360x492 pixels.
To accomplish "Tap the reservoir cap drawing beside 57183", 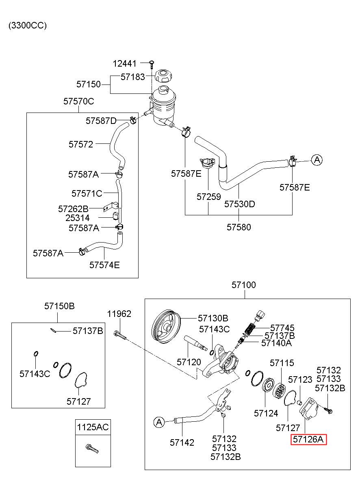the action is [x=163, y=76].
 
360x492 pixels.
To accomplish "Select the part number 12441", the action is [x=125, y=63].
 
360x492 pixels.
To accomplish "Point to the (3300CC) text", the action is [x=28, y=26].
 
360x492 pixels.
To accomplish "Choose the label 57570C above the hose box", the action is [x=79, y=101].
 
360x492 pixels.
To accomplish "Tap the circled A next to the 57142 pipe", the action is [x=159, y=422].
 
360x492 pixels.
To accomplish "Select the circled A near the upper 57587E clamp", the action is [x=317, y=160].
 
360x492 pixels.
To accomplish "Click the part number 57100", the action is [x=243, y=285].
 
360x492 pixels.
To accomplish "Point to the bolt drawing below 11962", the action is [x=120, y=336].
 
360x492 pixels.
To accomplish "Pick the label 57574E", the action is [x=104, y=265].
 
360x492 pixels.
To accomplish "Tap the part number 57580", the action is [x=239, y=227].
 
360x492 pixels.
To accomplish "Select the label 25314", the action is [x=78, y=218].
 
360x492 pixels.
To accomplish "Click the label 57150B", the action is [x=59, y=306].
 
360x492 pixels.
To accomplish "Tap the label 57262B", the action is [x=73, y=209].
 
